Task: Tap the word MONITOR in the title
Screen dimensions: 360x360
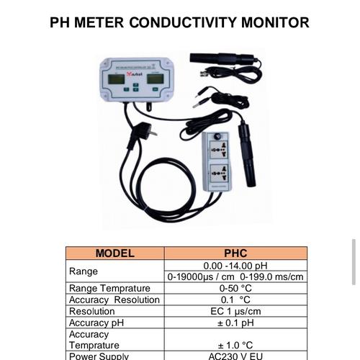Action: pos(272,22)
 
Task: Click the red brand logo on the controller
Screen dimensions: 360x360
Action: pos(135,73)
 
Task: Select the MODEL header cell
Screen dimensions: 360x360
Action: pos(115,253)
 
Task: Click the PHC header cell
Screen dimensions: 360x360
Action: pos(235,253)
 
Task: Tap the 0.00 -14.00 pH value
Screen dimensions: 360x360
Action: pos(235,266)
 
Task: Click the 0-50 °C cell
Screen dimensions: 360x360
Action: pos(235,288)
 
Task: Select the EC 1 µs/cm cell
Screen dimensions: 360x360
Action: pos(235,311)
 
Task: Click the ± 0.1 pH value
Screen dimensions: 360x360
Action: pos(235,323)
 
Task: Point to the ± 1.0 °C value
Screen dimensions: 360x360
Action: pos(235,345)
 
